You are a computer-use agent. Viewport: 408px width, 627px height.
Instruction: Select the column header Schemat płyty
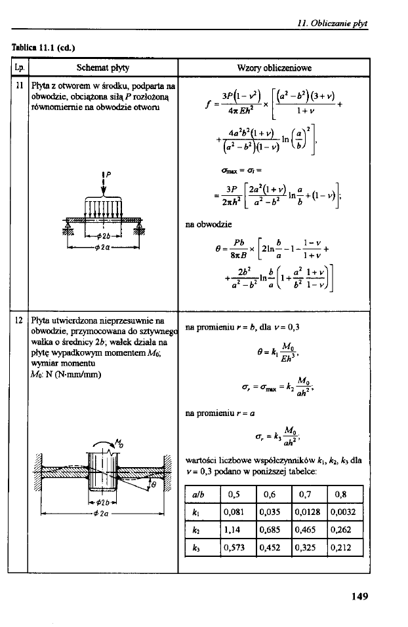click(102, 67)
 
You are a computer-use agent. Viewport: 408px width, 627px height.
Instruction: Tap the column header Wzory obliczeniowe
click(273, 67)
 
